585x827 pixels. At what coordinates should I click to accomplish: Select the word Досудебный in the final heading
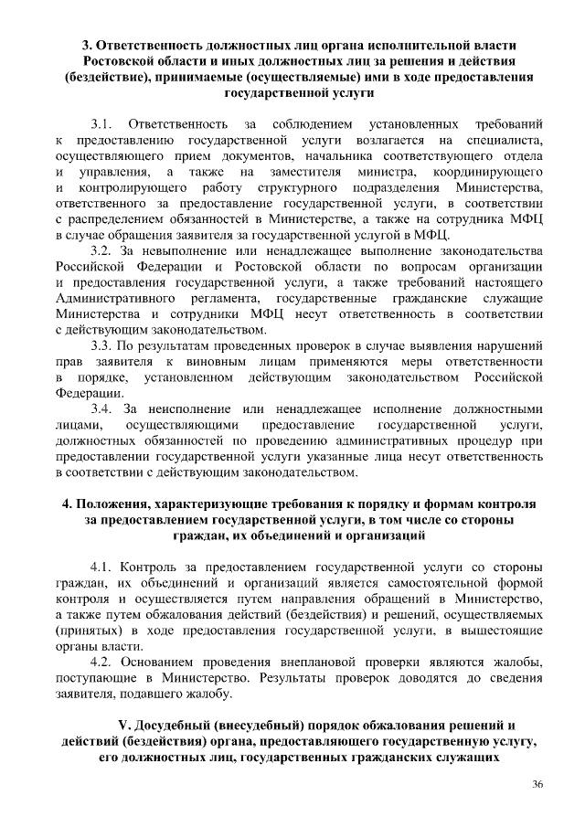pyautogui.click(x=182, y=726)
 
